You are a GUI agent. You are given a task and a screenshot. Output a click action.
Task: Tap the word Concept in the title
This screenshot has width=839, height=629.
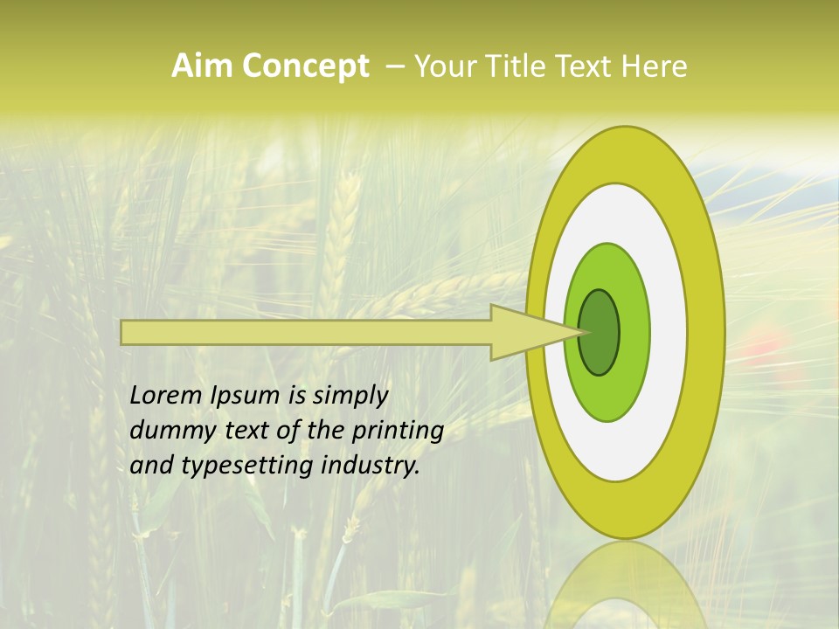point(306,66)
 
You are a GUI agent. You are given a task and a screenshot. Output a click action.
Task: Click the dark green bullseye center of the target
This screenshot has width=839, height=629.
point(600,333)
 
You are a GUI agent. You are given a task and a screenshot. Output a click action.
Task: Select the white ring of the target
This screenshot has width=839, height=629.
point(668,332)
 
